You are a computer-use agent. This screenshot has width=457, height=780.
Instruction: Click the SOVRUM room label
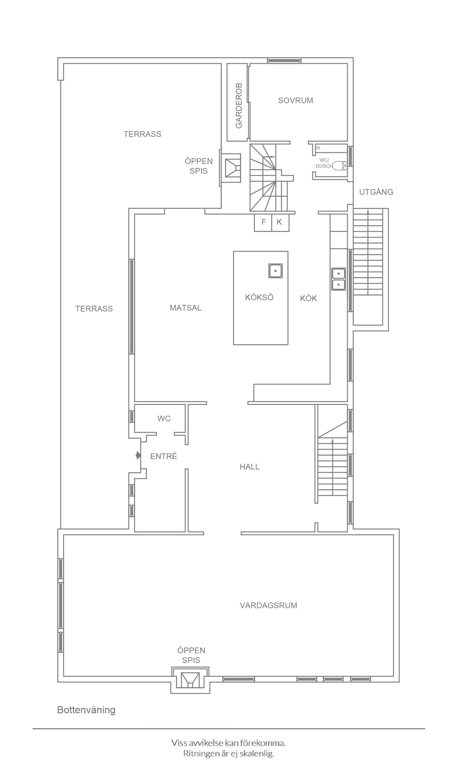[295, 101]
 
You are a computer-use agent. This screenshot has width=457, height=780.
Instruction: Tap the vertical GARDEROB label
[239, 106]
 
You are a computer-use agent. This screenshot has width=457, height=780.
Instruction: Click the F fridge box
[263, 223]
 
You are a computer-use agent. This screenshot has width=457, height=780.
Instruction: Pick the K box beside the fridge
[280, 223]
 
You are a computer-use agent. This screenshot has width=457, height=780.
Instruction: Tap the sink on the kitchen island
[275, 270]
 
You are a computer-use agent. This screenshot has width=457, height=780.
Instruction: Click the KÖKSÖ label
[259, 297]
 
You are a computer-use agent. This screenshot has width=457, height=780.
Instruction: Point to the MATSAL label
[185, 308]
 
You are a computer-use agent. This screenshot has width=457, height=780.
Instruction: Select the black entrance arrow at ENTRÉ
[138, 455]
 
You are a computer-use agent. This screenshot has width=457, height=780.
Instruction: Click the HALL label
[250, 467]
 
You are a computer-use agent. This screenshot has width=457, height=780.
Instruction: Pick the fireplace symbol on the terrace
[233, 168]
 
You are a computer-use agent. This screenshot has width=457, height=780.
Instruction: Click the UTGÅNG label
[376, 192]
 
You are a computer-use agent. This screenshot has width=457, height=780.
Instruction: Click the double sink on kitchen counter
[338, 279]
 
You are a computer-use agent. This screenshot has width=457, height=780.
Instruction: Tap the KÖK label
[308, 298]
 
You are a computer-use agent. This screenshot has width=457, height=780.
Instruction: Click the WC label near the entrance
[164, 419]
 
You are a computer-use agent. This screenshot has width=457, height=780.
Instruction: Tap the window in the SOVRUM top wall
[284, 60]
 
